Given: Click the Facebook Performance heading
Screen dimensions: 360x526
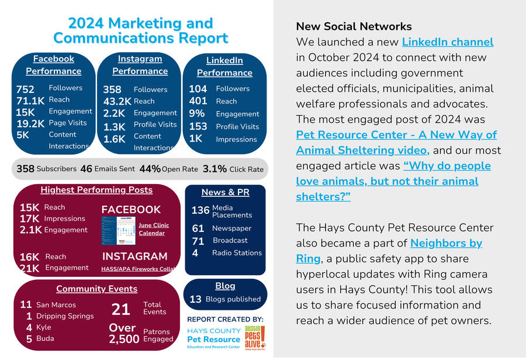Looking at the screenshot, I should click(53, 65).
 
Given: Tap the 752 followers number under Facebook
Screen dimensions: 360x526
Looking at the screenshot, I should click(26, 89).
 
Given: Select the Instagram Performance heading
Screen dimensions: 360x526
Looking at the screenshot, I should click(140, 65).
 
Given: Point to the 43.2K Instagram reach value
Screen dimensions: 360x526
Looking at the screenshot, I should click(117, 102).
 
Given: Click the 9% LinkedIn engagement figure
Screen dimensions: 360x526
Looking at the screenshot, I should click(197, 113).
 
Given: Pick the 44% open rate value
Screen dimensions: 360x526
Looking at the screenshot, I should click(150, 169).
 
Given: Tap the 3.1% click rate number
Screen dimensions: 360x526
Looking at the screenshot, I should click(214, 169).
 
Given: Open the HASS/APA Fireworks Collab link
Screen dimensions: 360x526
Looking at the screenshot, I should click(139, 269).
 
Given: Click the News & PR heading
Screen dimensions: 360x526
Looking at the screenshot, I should click(225, 192).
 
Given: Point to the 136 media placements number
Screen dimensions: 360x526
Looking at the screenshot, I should click(200, 210).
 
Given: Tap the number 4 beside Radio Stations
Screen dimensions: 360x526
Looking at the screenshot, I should click(195, 253).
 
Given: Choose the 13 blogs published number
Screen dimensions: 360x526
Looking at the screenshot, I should click(195, 299).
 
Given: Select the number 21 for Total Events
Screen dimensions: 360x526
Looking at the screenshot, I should click(121, 309).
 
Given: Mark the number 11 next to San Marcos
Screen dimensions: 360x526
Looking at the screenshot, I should click(26, 304).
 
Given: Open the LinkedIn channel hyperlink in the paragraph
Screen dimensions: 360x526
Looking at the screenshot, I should click(448, 42).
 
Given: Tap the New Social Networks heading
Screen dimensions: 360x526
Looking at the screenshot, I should click(354, 26).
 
